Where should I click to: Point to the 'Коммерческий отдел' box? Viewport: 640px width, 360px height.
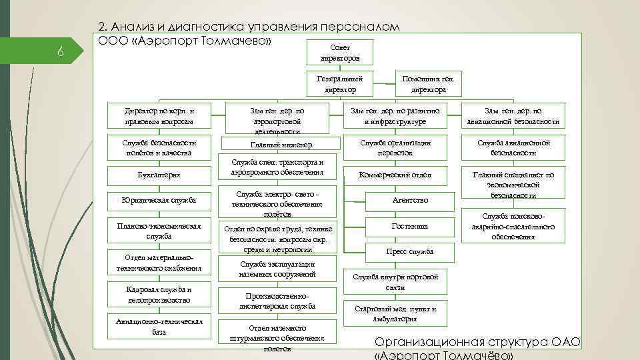395,175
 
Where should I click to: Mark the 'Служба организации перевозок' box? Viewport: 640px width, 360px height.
395,148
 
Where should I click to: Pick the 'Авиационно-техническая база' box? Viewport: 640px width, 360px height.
159,327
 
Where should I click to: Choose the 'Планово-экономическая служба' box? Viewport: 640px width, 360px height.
159,231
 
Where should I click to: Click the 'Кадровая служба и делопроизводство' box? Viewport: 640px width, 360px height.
159,294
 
